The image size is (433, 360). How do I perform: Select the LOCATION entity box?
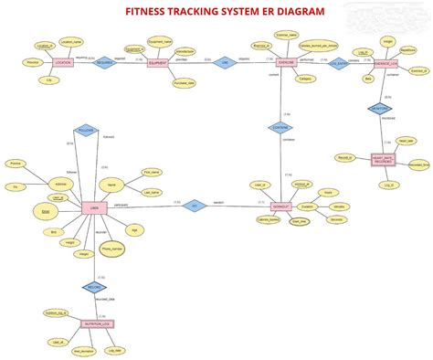pos(63,63)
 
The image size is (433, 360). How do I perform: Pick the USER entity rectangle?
pos(90,207)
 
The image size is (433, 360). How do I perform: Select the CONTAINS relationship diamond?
pos(280,129)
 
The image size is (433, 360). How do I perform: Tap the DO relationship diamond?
pos(192,206)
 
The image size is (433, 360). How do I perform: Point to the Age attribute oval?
pos(134,229)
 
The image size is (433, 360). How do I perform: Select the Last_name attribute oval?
pos(152,193)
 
